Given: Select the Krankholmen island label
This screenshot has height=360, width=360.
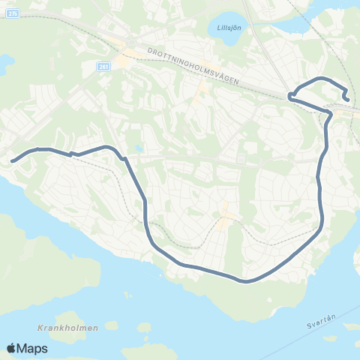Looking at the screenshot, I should pos(56,328).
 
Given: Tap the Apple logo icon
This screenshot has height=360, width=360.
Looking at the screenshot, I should pos(11,348).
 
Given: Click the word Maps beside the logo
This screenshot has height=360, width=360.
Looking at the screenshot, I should pos(32,348).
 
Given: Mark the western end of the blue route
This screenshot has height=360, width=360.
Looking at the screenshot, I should pos(12,160).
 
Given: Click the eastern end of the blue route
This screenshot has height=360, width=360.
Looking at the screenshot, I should pos(346,98).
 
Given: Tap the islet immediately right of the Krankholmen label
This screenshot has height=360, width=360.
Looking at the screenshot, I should pos(111,326).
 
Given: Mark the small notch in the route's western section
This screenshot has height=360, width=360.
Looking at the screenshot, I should pos(71,154).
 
